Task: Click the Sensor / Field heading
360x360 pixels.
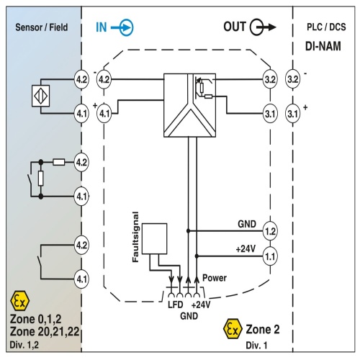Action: click(42, 27)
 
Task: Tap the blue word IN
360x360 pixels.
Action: click(102, 27)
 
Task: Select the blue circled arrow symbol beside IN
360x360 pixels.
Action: click(122, 27)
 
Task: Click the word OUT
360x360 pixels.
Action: click(235, 27)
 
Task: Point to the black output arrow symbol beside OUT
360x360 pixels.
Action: click(263, 27)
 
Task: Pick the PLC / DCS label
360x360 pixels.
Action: click(326, 27)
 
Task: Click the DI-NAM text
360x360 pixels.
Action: click(323, 46)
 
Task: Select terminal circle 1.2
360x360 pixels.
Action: click(270, 231)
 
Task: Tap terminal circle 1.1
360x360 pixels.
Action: click(270, 256)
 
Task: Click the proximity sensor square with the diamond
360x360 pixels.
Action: click(41, 96)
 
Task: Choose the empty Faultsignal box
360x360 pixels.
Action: click(155, 239)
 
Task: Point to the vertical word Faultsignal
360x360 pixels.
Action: click(135, 237)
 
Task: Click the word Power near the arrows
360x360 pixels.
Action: click(215, 278)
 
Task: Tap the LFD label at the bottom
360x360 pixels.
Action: click(176, 305)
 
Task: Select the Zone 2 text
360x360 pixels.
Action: click(263, 329)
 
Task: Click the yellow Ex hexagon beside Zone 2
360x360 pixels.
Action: click(233, 329)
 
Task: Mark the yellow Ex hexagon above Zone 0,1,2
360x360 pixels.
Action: click(20, 301)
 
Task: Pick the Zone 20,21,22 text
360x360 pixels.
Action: click(45, 332)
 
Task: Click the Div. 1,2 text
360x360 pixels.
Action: click(24, 345)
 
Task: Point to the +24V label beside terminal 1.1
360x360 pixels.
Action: click(246, 249)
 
